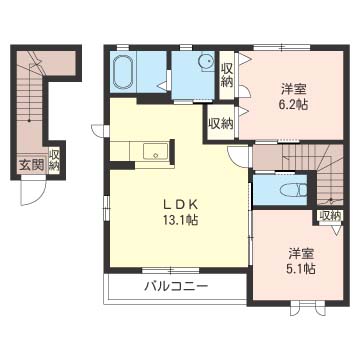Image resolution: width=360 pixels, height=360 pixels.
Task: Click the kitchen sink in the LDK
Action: [156, 152]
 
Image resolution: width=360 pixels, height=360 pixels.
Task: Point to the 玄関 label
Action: [30, 166]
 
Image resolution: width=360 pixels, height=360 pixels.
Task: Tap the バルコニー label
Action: [174, 287]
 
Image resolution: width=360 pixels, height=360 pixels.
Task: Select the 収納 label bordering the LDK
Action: [220, 124]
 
